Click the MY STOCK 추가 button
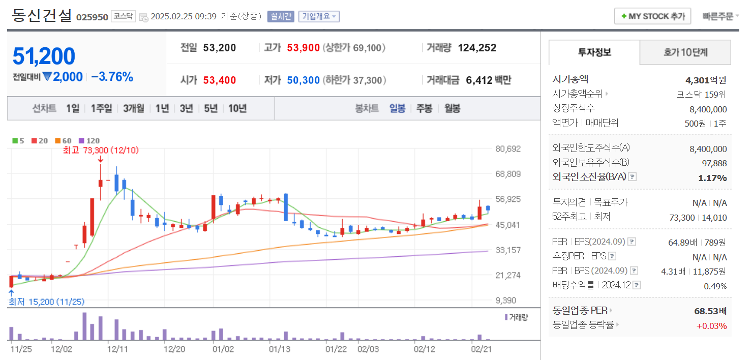tap(653, 16)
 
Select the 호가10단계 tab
tap(685, 52)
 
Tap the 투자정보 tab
tap(594, 52)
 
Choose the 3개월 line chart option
tap(134, 108)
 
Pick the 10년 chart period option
tap(237, 108)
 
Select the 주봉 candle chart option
tap(424, 108)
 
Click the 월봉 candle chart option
tap(452, 108)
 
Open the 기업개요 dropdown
tap(319, 16)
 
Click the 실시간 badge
tap(281, 16)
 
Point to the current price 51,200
tap(44, 56)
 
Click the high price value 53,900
tap(303, 48)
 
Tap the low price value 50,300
tap(303, 80)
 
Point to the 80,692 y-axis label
tap(508, 149)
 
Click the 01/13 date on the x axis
tap(280, 349)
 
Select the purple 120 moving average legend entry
tap(90, 141)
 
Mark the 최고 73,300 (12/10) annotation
tap(101, 150)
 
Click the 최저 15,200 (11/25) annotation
tap(46, 302)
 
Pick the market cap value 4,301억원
tap(706, 80)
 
